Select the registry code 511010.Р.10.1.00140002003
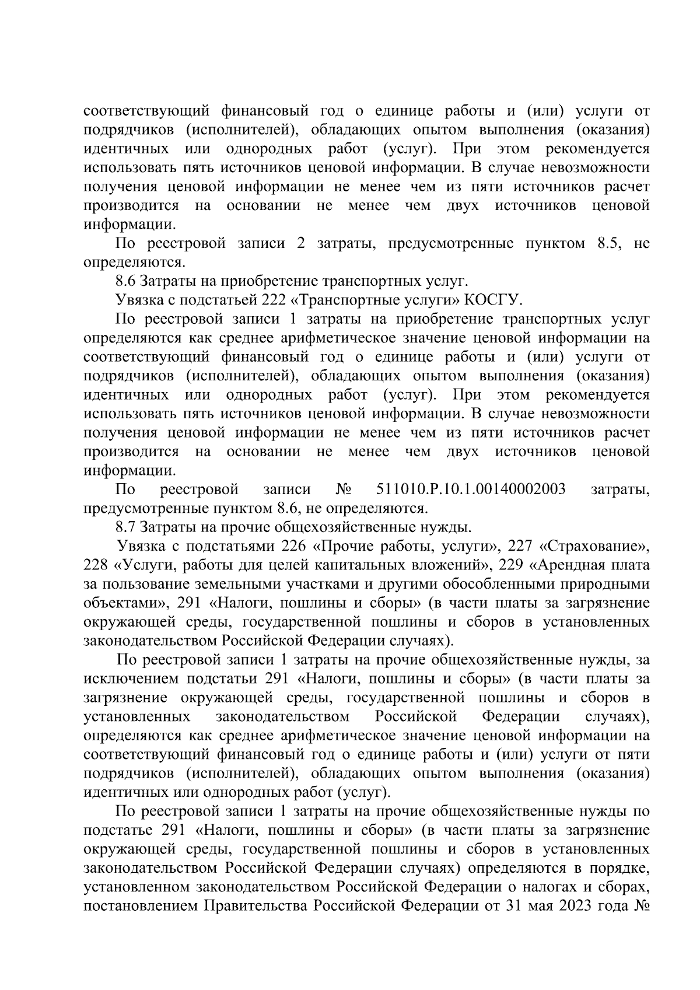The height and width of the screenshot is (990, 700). coord(471,489)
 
